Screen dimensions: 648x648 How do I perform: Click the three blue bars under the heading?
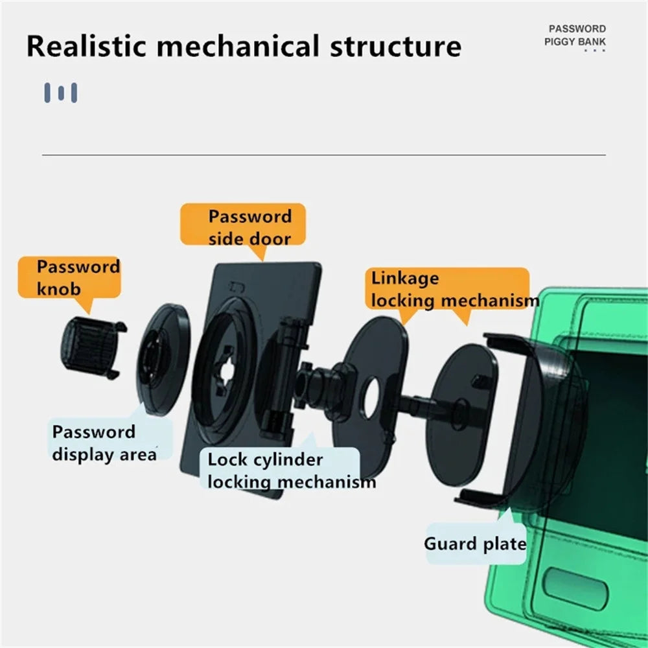pos(61,93)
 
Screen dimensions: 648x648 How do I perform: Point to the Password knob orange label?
pos(69,277)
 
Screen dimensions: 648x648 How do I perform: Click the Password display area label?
pos(104,443)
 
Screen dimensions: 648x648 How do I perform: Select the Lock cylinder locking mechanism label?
pos(285,471)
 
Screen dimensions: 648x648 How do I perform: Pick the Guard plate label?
pos(474,543)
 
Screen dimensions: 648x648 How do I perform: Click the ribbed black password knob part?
pos(86,347)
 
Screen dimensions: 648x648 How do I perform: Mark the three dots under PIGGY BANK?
pos(594,50)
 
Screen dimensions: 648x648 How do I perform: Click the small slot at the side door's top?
pos(236,286)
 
